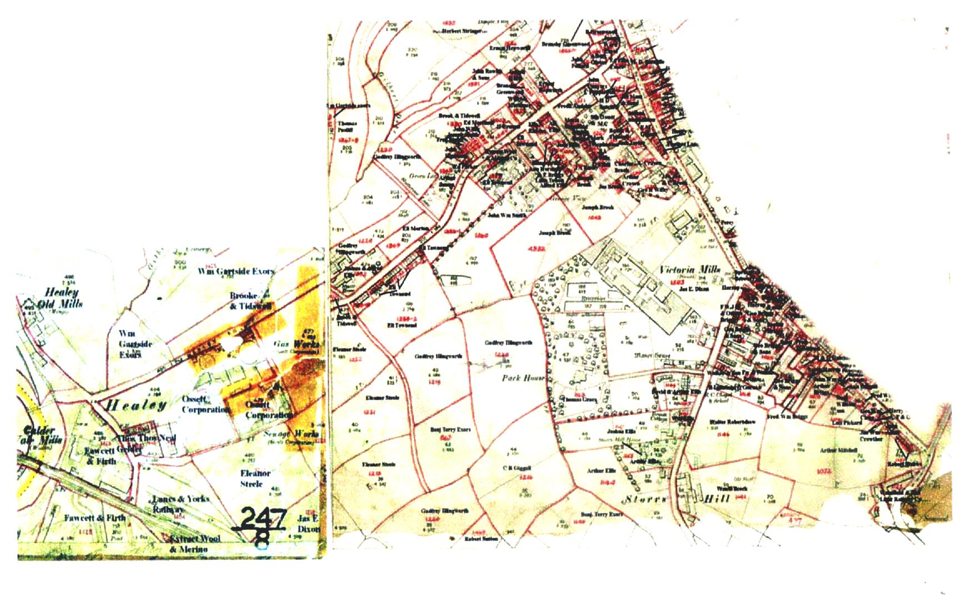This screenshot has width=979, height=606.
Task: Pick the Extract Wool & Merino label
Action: (x=191, y=544)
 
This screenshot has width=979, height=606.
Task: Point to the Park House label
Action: (x=523, y=378)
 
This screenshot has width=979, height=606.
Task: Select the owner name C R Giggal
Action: (x=517, y=468)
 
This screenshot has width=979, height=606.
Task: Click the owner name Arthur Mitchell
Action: (x=839, y=450)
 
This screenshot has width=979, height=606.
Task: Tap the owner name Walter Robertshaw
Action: (x=732, y=422)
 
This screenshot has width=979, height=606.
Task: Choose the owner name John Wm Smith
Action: (x=506, y=215)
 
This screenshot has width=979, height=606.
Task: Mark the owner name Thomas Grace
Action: (x=580, y=399)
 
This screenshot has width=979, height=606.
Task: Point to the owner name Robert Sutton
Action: (x=481, y=539)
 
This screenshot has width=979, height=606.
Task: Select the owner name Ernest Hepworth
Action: (x=509, y=48)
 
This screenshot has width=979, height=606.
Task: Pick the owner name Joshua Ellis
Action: (x=621, y=431)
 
